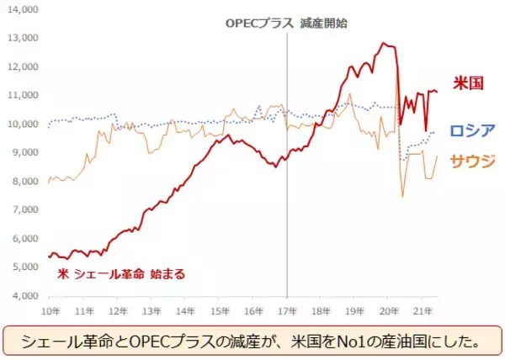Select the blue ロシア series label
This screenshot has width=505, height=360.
(470, 131)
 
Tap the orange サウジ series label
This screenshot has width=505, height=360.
(470, 160)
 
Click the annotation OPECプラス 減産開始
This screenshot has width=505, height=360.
(286, 24)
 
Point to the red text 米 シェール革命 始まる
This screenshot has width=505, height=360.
(121, 273)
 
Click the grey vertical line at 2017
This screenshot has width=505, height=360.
(287, 168)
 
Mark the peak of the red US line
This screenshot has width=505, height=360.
(384, 43)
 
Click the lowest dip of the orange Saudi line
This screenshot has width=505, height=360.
(402, 196)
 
